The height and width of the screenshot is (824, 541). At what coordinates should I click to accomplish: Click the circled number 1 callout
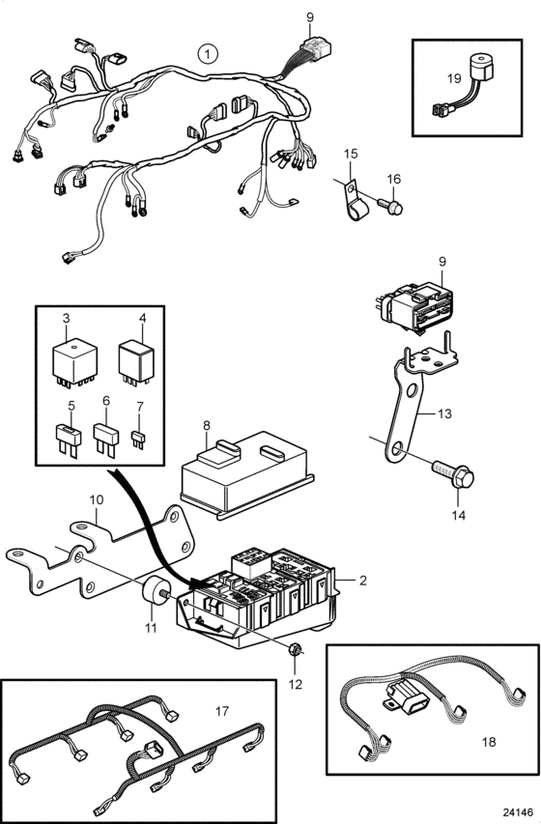pyautogui.click(x=208, y=53)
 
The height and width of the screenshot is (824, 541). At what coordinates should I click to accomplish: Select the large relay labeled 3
pyautogui.click(x=74, y=363)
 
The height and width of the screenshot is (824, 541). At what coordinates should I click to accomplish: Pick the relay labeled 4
pyautogui.click(x=135, y=362)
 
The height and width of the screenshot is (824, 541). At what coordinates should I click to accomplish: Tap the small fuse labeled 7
pyautogui.click(x=138, y=440)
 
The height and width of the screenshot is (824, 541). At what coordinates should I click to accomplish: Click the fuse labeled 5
pyautogui.click(x=69, y=440)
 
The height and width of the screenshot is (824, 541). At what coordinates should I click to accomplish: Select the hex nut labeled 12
pyautogui.click(x=295, y=649)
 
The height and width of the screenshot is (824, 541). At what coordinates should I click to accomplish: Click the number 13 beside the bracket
pyautogui.click(x=444, y=413)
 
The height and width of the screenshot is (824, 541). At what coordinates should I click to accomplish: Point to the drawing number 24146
pyautogui.click(x=518, y=811)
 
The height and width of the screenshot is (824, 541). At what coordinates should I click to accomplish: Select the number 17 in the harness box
pyautogui.click(x=222, y=711)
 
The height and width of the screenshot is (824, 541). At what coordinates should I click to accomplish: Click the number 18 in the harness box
pyautogui.click(x=489, y=742)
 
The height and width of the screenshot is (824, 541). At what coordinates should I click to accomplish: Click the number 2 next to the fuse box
pyautogui.click(x=362, y=581)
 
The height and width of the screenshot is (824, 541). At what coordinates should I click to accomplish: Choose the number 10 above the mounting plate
pyautogui.click(x=97, y=499)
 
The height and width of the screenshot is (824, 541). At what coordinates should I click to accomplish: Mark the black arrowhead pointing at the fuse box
pyautogui.click(x=200, y=582)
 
